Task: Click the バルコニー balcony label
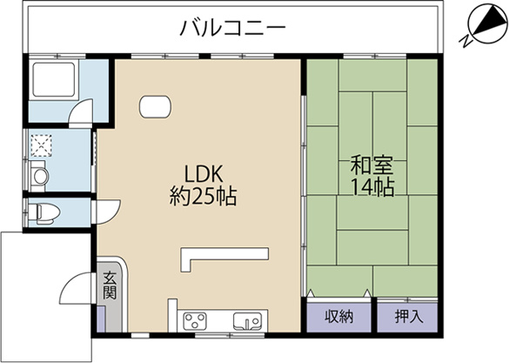tap(232, 29)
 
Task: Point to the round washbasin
tap(39, 177)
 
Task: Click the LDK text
tap(202, 171)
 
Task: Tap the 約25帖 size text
tap(202, 194)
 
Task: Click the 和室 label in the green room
tap(372, 165)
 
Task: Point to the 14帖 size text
tap(372, 186)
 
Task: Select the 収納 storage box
tap(338, 316)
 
